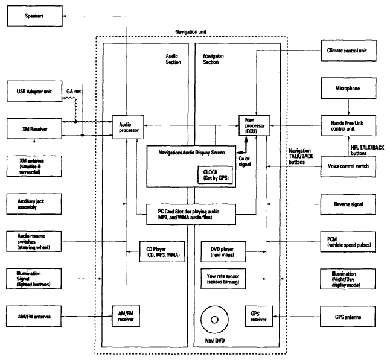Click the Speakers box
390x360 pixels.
(35, 16)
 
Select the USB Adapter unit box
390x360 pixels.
(34, 91)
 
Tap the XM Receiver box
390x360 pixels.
(34, 128)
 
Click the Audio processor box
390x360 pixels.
(129, 127)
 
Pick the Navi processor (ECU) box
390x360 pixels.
(254, 125)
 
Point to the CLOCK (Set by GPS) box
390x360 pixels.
(216, 175)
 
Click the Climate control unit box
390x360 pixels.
(348, 51)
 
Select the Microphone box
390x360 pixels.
(348, 88)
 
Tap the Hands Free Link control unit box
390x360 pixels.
(348, 125)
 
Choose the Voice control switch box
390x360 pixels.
(348, 166)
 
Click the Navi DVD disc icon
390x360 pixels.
(215, 320)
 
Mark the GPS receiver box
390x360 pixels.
(259, 316)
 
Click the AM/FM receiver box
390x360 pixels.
(126, 316)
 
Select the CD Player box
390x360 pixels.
(162, 251)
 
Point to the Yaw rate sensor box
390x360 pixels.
(223, 279)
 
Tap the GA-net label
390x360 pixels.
(74, 92)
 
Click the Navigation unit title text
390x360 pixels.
(191, 32)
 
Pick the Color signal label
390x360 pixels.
(245, 162)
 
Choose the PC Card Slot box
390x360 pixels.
(191, 215)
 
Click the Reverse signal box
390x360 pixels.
(348, 204)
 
